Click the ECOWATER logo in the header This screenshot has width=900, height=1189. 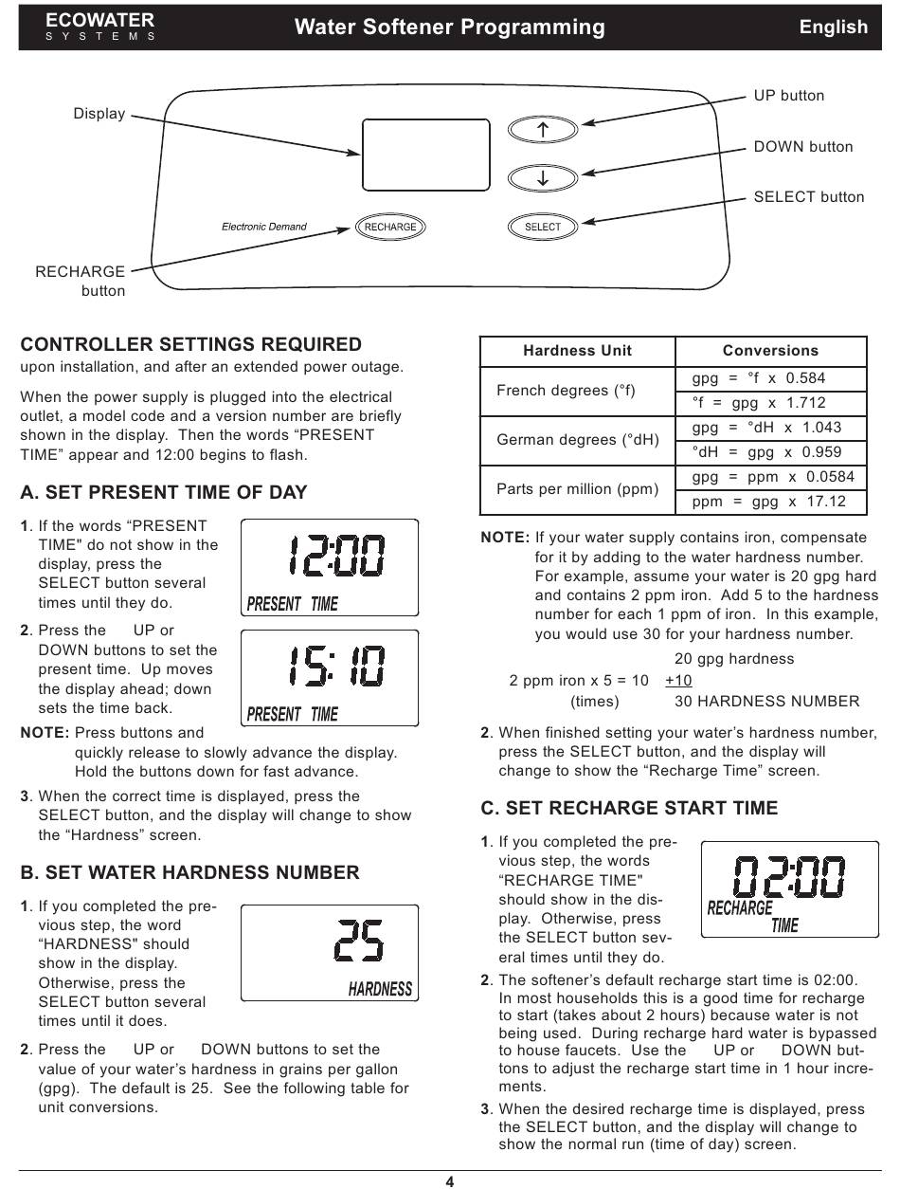point(100,26)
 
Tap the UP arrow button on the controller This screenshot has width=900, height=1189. point(543,130)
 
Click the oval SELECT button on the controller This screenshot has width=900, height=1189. point(543,227)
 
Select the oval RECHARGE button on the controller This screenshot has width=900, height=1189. point(390,227)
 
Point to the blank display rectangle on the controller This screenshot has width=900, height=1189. point(425,155)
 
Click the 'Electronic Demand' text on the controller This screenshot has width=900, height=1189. point(264,227)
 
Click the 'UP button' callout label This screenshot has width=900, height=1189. point(788,96)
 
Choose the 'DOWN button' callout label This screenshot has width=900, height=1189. point(802,147)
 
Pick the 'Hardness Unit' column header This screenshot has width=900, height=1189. point(577,351)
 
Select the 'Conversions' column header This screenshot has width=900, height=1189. point(770,351)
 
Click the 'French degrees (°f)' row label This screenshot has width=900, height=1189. point(566,391)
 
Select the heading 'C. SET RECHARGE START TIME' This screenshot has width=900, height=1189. point(629,808)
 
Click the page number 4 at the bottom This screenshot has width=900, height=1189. point(450,1181)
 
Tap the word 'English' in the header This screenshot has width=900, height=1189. point(833,27)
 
